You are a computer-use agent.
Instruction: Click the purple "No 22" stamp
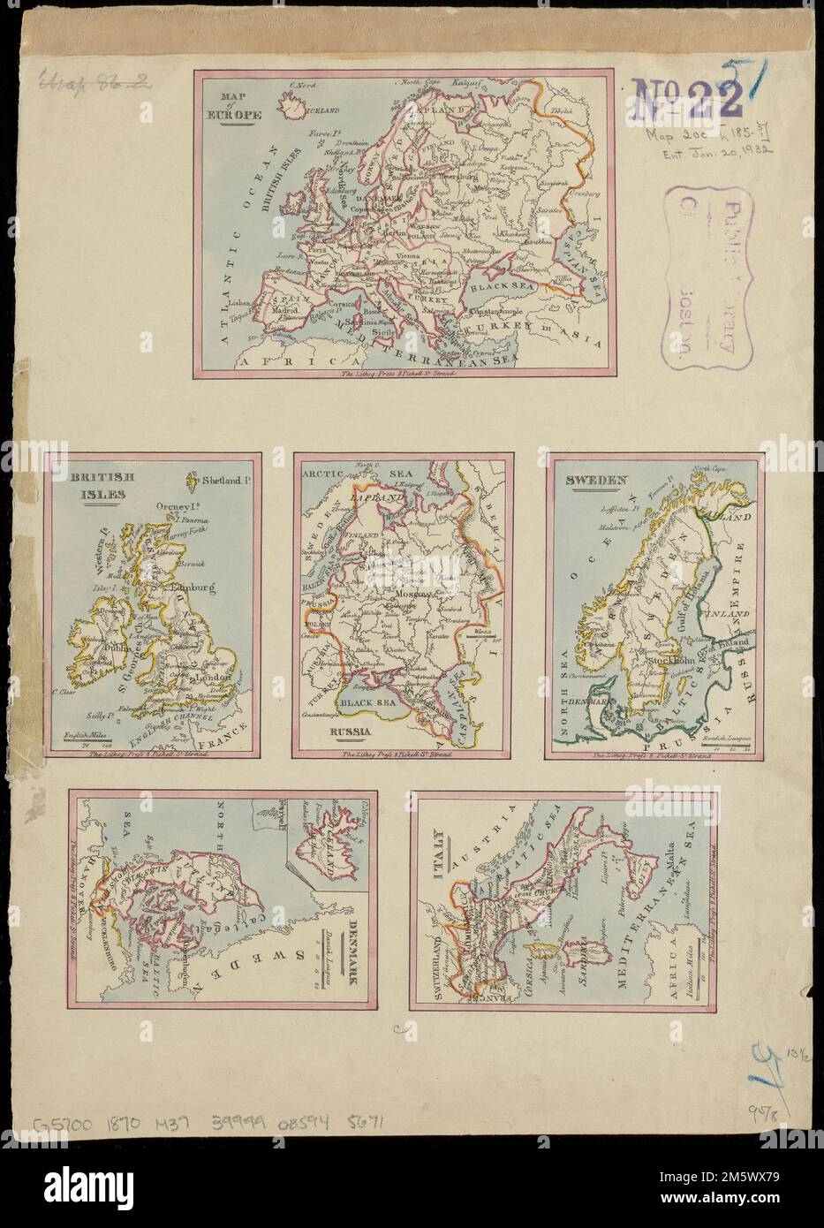coord(686,97)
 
